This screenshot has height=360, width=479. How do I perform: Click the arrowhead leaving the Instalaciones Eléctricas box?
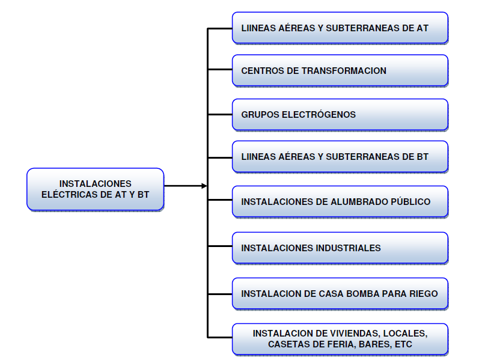(x=204, y=186)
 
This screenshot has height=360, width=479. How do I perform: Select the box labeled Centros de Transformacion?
(x=340, y=70)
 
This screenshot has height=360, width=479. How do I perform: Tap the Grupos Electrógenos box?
(x=340, y=114)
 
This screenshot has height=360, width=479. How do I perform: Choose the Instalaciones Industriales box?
(x=340, y=248)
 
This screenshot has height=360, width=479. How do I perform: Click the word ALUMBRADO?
(x=359, y=202)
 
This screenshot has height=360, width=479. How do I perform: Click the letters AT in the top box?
(x=422, y=28)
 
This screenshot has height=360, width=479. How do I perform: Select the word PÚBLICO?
(x=412, y=202)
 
